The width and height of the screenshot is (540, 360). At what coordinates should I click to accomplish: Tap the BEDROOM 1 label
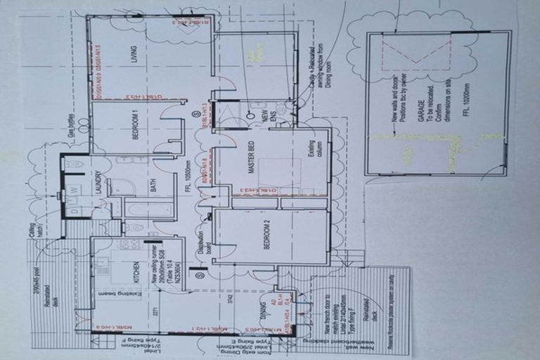(x=135, y=127)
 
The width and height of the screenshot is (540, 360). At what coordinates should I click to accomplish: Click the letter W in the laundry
(x=74, y=190)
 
